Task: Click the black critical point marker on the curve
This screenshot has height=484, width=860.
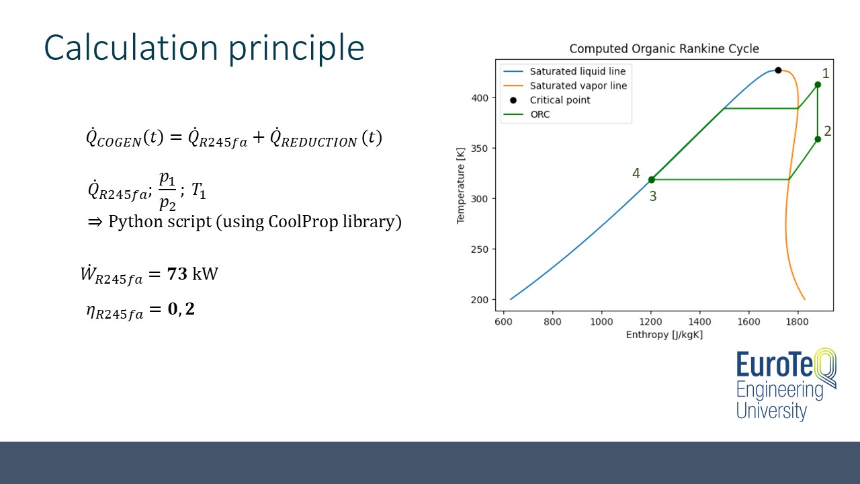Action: pyautogui.click(x=778, y=71)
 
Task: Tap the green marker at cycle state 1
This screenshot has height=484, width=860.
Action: pyautogui.click(x=818, y=85)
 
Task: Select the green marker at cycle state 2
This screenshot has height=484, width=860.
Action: pyautogui.click(x=818, y=139)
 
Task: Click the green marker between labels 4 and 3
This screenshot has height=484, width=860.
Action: pyautogui.click(x=652, y=179)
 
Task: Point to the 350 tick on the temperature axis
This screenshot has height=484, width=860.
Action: pyautogui.click(x=479, y=149)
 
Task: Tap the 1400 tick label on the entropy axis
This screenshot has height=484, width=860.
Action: pyautogui.click(x=699, y=321)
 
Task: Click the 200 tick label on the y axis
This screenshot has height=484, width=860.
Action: pyautogui.click(x=479, y=300)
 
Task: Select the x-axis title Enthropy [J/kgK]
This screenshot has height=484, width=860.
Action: pyautogui.click(x=664, y=335)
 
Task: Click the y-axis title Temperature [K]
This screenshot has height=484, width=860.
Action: pyautogui.click(x=461, y=186)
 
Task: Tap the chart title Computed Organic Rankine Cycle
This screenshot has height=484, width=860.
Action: pyautogui.click(x=664, y=49)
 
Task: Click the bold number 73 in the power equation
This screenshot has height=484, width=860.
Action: pyautogui.click(x=177, y=274)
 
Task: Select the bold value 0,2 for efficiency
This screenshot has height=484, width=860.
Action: pyautogui.click(x=181, y=309)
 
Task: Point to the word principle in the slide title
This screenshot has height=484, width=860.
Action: pyautogui.click(x=296, y=48)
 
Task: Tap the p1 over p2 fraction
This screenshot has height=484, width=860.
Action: pyautogui.click(x=167, y=190)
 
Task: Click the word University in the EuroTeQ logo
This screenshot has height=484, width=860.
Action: pyautogui.click(x=772, y=411)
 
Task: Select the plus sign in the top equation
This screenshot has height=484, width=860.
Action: pyautogui.click(x=259, y=137)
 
